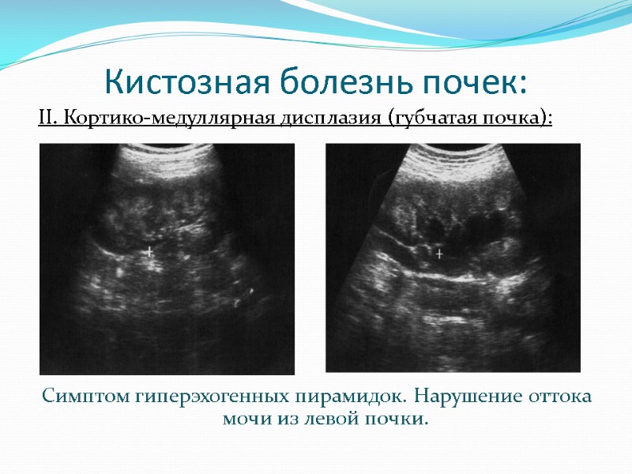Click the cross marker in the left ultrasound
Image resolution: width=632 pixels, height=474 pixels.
point(150,252)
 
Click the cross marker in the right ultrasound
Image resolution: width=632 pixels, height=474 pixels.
point(440,254)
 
